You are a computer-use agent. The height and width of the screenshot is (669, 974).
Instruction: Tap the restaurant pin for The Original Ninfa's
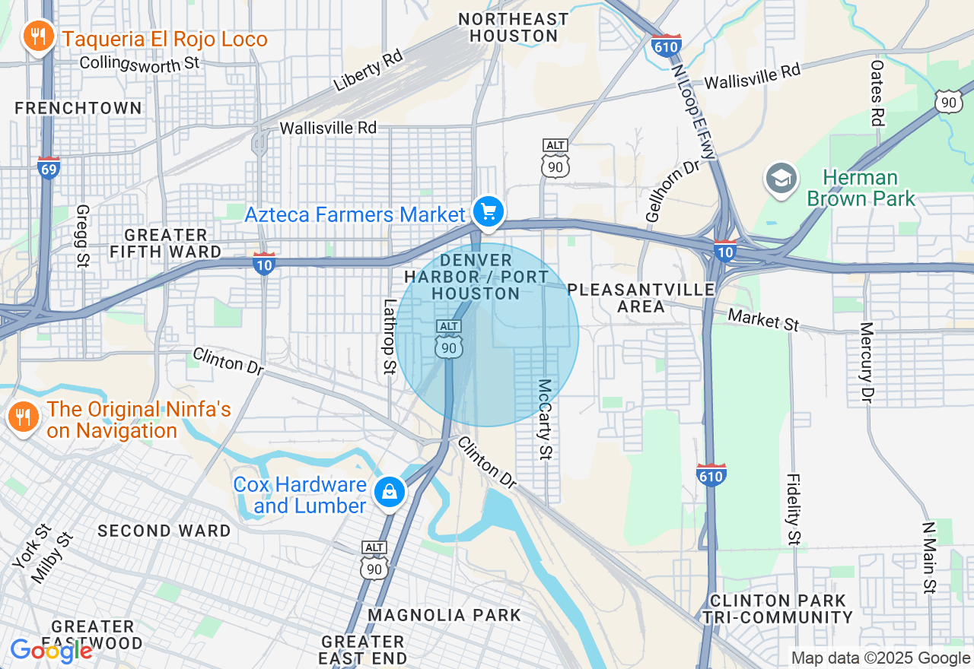[24, 417]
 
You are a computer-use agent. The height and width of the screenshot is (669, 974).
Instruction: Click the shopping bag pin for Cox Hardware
[390, 492]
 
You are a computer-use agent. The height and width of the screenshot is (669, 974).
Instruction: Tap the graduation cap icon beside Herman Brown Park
[781, 179]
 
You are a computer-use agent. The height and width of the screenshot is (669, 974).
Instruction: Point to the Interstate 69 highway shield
[48, 167]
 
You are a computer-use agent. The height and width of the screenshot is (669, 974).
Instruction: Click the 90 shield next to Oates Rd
[948, 101]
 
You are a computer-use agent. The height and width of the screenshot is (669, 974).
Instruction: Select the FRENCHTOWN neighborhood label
[78, 108]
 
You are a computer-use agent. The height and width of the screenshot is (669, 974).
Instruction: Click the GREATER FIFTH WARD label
[165, 243]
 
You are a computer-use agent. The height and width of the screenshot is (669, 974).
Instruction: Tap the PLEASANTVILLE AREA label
[641, 298]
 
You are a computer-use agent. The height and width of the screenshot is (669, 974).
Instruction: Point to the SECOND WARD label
[164, 531]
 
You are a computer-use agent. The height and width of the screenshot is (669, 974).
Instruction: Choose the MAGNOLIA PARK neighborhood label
[444, 615]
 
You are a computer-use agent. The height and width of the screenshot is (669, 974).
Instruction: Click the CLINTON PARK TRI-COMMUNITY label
[777, 609]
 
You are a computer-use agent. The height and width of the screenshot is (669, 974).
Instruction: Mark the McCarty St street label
[545, 420]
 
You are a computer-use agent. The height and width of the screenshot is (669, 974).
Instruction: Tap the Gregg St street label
[82, 236]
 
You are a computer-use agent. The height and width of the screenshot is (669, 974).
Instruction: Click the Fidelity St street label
[793, 509]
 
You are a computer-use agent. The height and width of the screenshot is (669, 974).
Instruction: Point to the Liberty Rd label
[368, 74]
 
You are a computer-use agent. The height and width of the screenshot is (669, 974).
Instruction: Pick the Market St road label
[763, 319]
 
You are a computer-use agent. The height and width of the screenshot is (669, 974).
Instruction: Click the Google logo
[51, 651]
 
